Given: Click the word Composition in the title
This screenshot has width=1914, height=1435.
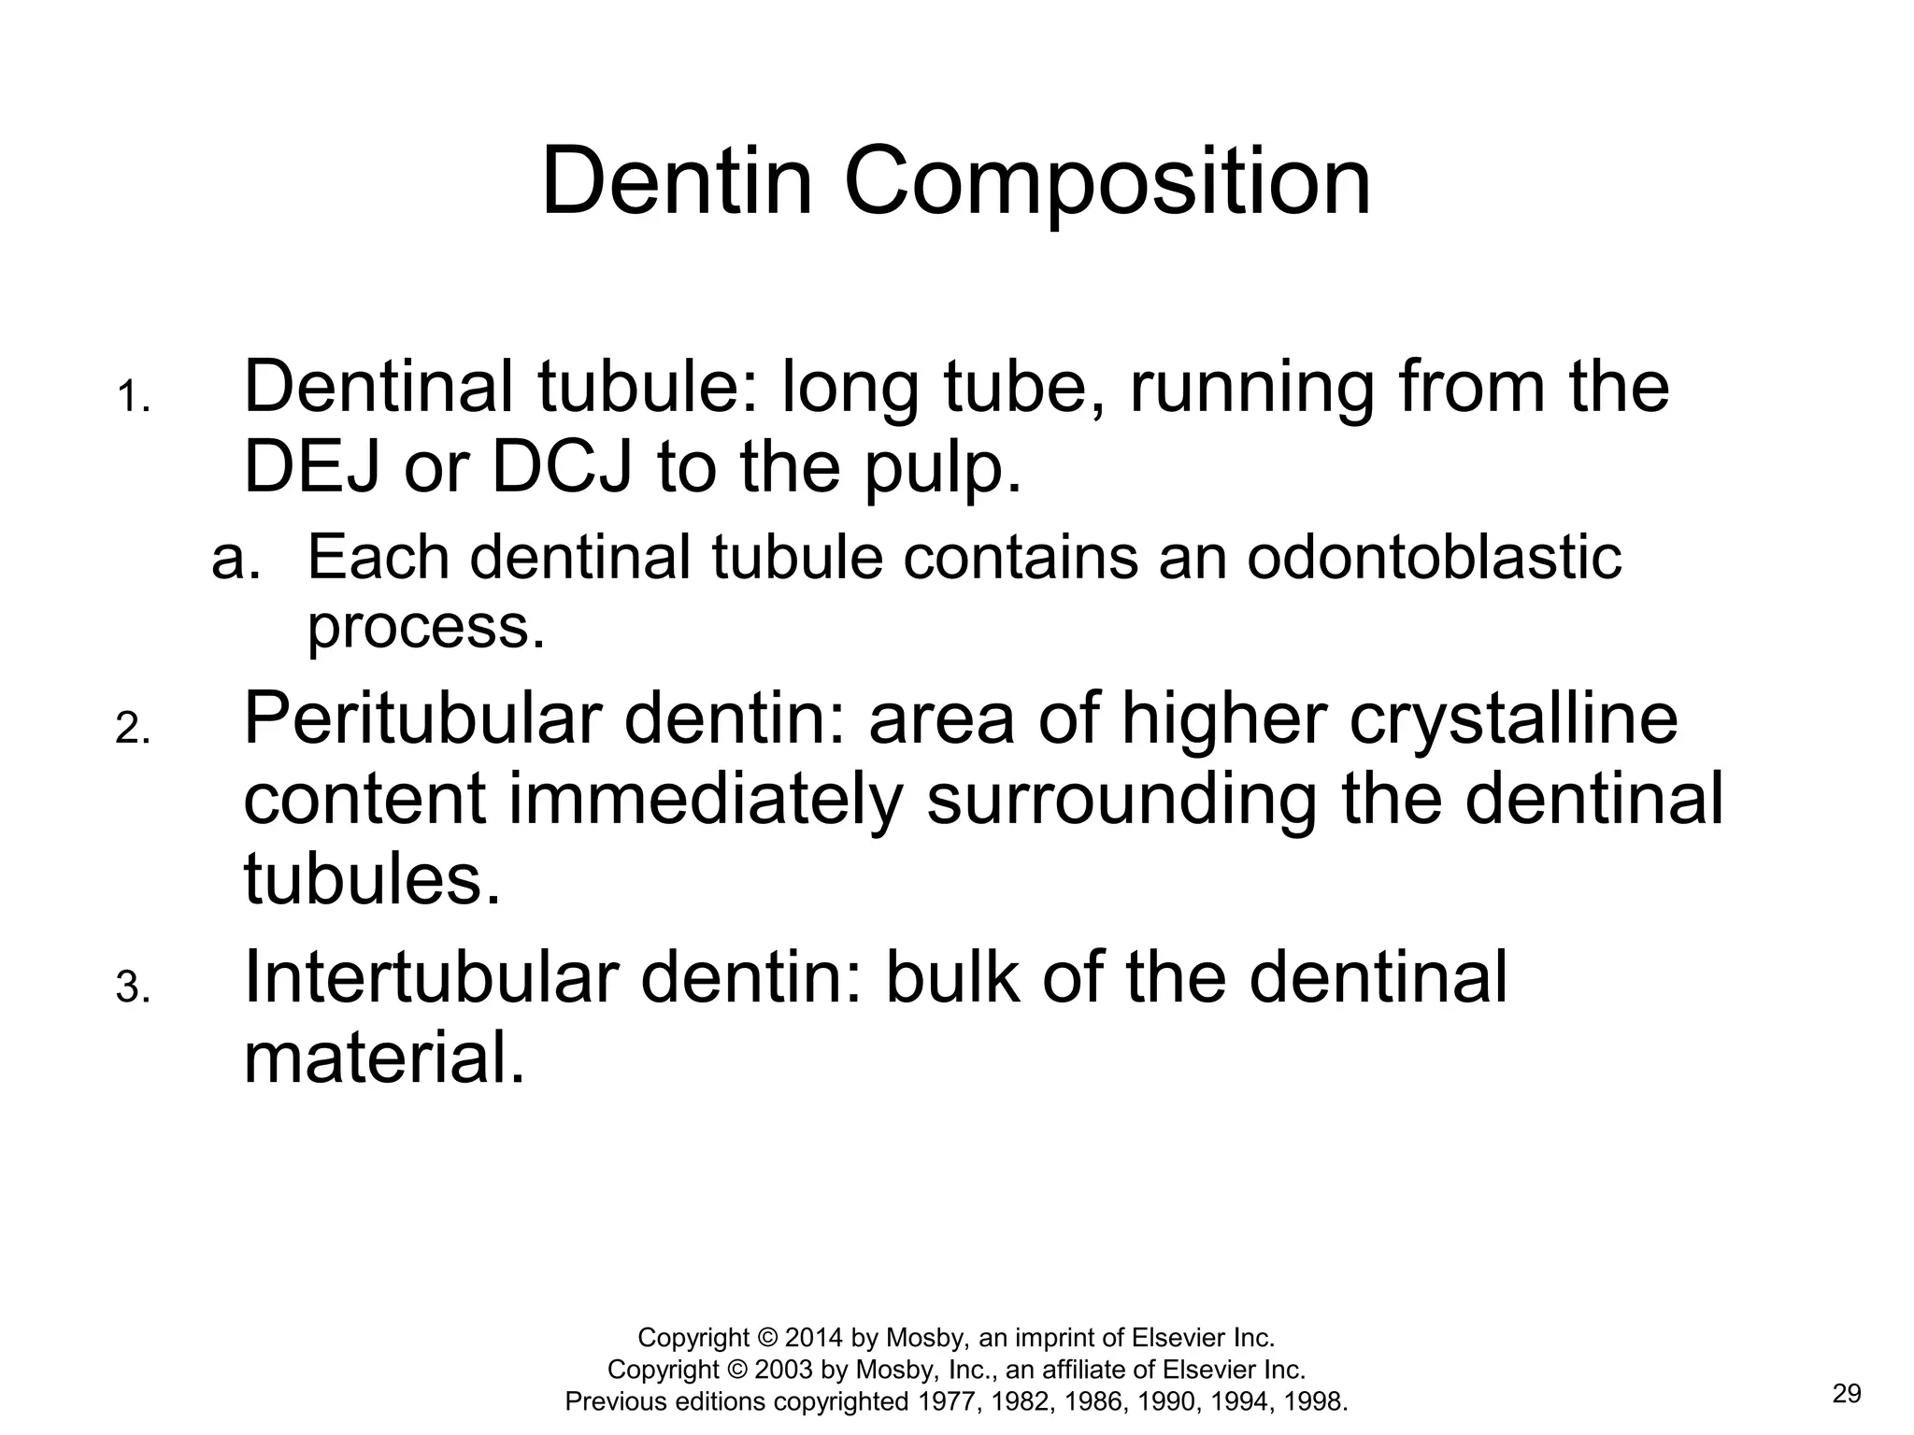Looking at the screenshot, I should click(1107, 183).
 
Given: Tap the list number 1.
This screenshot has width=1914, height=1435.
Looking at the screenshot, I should click(133, 398).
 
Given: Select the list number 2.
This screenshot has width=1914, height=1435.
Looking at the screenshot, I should click(133, 730).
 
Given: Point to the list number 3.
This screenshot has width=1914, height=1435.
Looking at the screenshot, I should click(133, 988).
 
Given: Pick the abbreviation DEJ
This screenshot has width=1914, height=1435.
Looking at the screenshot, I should click(312, 466).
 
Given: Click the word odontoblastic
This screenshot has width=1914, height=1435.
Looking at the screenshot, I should click(1434, 558).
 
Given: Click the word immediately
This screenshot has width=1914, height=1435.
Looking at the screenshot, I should click(706, 802).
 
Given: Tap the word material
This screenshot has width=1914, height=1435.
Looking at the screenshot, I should click(384, 1058).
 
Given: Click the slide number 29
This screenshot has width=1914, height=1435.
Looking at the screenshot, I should click(1847, 1395).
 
